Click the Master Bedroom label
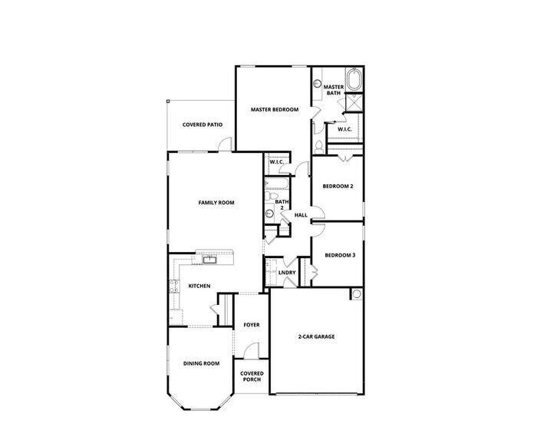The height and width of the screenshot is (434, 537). [275, 110]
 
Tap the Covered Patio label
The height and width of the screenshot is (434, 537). [203, 124]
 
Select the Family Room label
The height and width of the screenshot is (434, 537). [216, 203]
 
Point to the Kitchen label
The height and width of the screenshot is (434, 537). [199, 287]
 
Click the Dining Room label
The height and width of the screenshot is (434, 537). [201, 363]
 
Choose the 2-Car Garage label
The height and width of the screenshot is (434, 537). [316, 336]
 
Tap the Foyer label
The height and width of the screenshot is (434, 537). [252, 325]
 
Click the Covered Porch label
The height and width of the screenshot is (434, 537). [252, 376]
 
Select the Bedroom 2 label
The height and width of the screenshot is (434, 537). [338, 187]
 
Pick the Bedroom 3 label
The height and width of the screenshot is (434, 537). [339, 255]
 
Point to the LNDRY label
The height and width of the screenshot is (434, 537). [287, 272]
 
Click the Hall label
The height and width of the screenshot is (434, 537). [301, 215]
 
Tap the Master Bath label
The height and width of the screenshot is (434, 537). [332, 91]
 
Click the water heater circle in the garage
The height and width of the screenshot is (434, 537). [357, 295]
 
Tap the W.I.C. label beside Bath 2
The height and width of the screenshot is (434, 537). [277, 162]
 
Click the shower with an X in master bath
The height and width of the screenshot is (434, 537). [355, 103]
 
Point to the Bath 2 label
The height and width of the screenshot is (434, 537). [282, 205]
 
